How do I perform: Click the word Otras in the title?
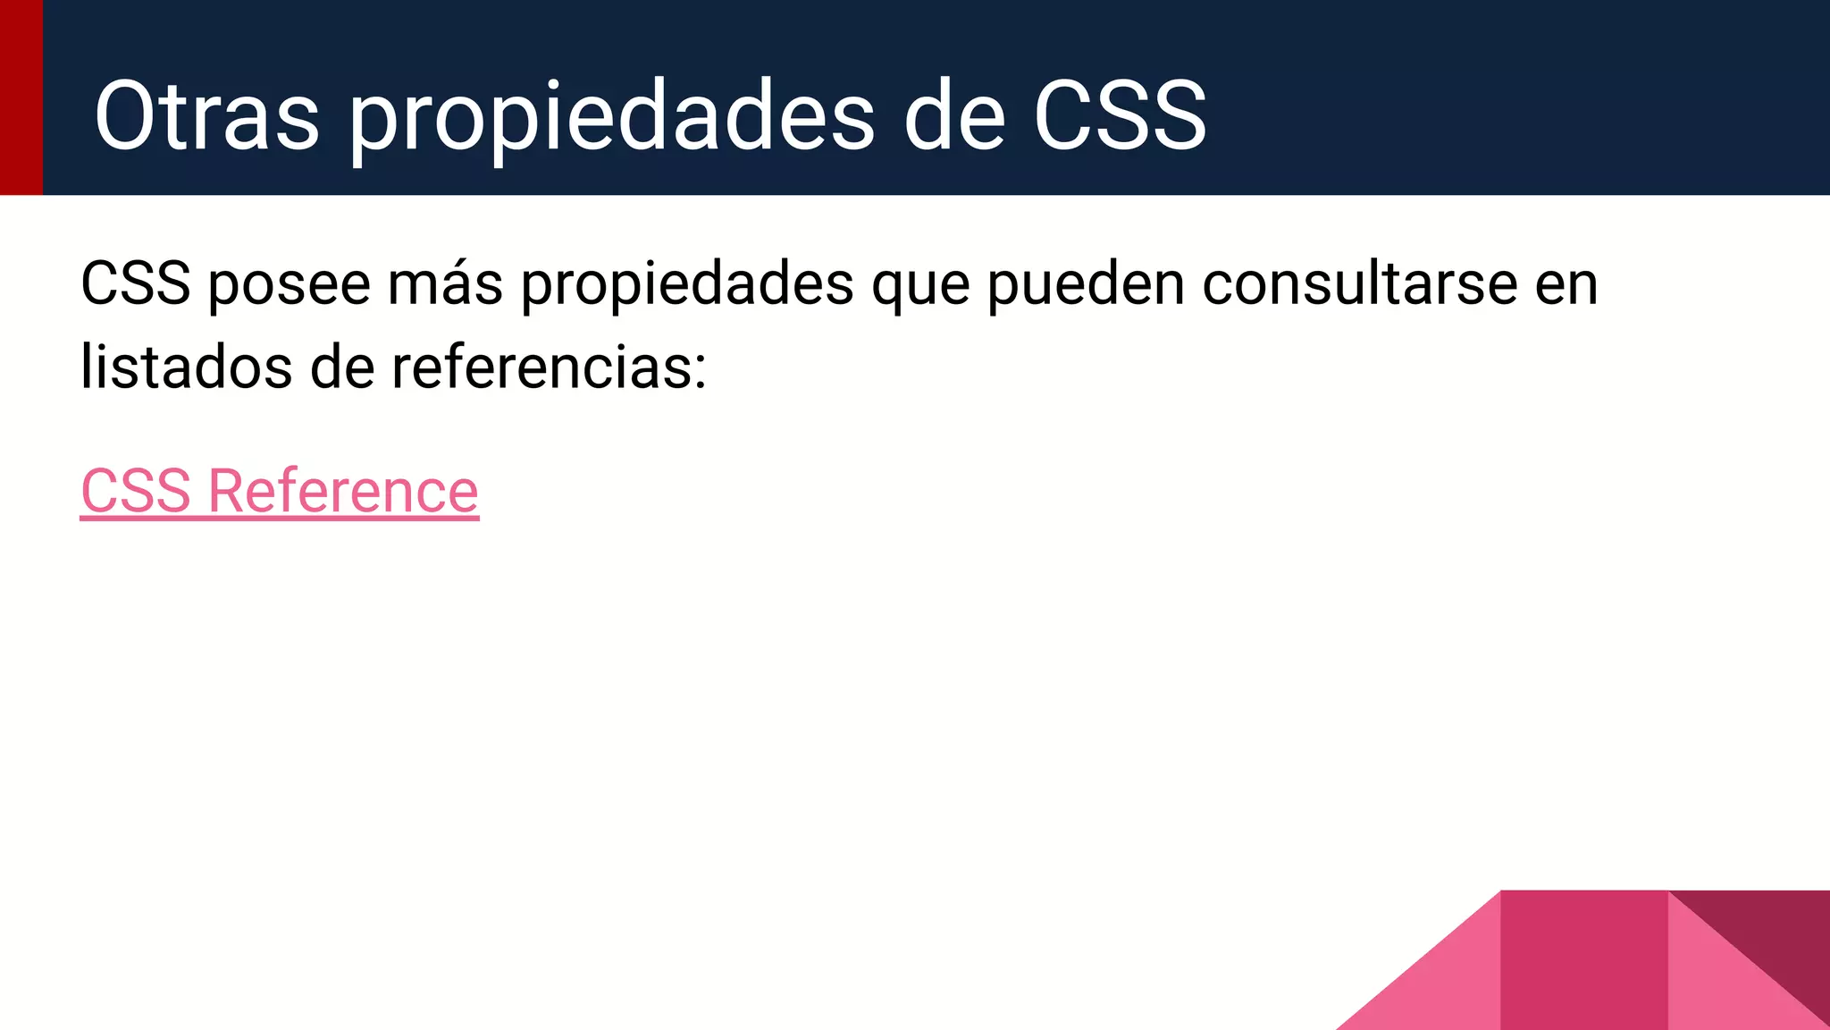tap(206, 116)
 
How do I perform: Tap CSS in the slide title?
tap(1120, 116)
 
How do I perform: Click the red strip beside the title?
tap(21, 97)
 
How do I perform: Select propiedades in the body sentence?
tap(686, 285)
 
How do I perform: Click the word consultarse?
tap(1359, 283)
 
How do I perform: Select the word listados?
tap(186, 367)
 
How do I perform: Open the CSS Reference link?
tap(280, 491)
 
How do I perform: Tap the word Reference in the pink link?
tap(343, 491)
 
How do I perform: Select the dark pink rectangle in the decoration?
tap(1583, 960)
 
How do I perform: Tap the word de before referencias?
tap(342, 367)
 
